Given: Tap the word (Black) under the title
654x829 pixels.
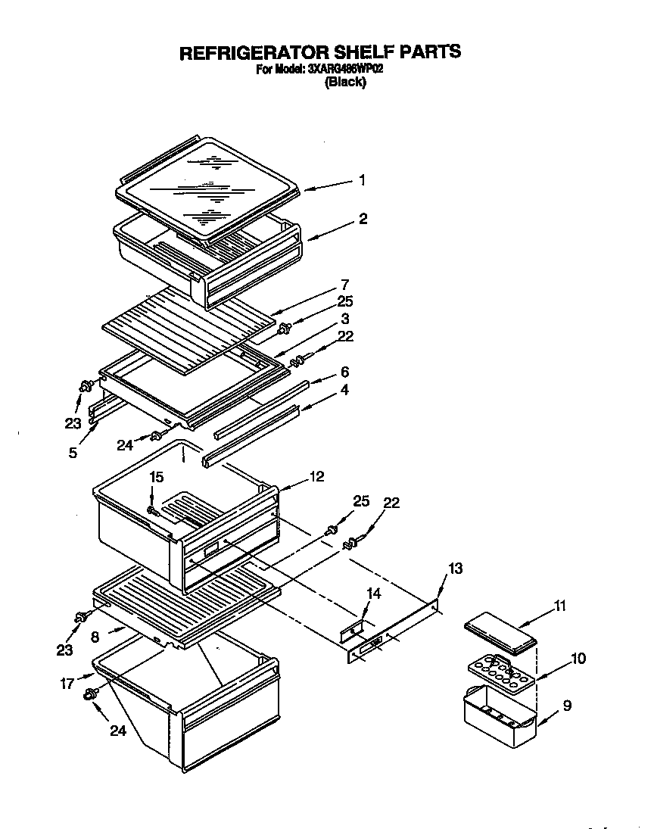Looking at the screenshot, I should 345,83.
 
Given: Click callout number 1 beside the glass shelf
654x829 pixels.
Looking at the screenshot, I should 363,180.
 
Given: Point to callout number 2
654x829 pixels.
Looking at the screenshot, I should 363,219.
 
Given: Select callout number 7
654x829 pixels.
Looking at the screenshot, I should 344,285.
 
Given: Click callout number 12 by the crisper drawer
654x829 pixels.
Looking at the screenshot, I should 316,477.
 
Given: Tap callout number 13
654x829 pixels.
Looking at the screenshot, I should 454,568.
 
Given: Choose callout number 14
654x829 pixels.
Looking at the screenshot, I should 373,594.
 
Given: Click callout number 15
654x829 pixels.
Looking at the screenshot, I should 156,477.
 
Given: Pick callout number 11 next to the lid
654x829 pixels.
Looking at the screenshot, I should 559,605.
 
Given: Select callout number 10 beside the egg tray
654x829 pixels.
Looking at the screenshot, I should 578,659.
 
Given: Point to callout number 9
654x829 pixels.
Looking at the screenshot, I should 567,706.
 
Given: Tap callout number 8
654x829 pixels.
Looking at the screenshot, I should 95,637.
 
